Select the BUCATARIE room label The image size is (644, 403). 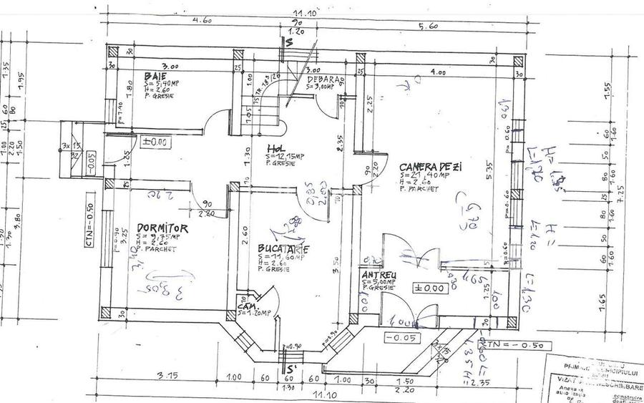click(x=283, y=249)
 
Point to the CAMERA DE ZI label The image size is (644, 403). click(x=431, y=166)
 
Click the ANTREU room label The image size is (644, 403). click(x=379, y=274)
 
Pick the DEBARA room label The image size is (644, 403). click(x=324, y=79)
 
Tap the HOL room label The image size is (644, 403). click(x=275, y=150)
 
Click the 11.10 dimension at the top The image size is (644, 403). click(x=308, y=12)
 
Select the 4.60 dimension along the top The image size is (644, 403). click(x=203, y=21)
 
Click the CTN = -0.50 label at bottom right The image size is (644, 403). click(x=514, y=344)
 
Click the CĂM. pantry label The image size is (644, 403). click(x=246, y=306)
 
